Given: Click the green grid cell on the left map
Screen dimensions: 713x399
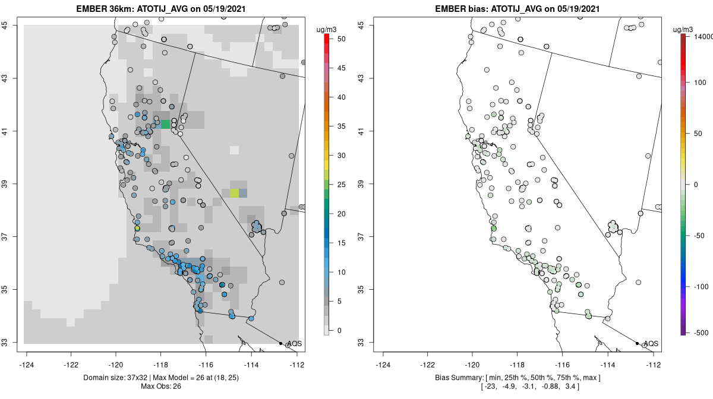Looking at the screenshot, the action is coord(165,124).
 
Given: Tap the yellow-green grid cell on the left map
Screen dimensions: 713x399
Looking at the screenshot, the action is coord(234,193).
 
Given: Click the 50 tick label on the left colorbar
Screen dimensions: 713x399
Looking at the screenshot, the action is coord(342,39).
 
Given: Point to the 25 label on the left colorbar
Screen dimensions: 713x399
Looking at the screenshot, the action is coord(342,185).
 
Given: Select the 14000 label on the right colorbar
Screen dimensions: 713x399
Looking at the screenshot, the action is coord(703,37).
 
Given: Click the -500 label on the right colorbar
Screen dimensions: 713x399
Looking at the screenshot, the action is coord(701,333).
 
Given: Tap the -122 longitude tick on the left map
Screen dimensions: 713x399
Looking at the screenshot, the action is coord(71,365).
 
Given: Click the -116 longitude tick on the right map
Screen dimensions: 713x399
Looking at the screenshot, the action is coord(562,365).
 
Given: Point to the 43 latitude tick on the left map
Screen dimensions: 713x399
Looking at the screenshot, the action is coord(5,78).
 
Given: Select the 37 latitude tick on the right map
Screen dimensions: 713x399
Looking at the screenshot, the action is coord(361,237).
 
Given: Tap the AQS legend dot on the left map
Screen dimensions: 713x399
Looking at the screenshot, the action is coord(280,343).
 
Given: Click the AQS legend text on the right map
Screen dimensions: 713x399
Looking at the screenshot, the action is coord(651,344).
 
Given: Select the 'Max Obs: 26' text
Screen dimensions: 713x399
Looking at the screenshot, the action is coord(161,387).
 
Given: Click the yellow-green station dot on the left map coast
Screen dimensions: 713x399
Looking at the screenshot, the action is coord(137,229).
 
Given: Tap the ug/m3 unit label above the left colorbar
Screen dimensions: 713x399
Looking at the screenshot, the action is coord(326,30).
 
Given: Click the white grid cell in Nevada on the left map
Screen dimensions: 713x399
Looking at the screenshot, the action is coord(234,150).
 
